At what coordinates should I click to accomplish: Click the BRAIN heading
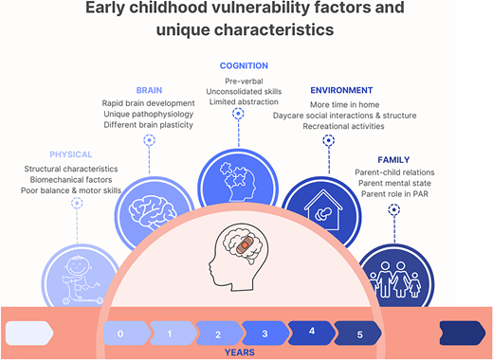pos(148,91)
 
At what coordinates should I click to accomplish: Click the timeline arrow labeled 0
pos(121,334)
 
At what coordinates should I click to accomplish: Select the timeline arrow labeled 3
pos(265,334)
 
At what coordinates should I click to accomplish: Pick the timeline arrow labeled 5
pos(359,334)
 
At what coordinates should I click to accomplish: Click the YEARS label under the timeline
pos(238,352)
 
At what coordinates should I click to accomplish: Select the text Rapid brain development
pos(147,102)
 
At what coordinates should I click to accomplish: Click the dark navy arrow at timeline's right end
pos(463,333)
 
